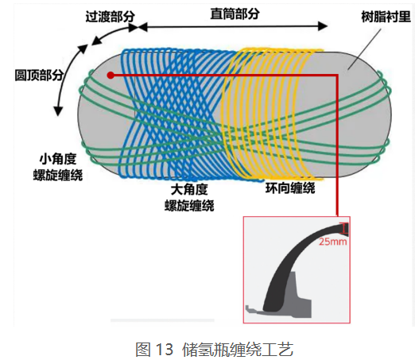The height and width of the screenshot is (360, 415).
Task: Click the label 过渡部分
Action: (110, 17)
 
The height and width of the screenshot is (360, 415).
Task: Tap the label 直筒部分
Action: (235, 14)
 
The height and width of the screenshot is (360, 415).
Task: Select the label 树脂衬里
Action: (386, 17)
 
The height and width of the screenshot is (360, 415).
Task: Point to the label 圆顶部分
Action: (39, 75)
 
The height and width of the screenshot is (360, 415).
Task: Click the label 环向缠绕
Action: (290, 188)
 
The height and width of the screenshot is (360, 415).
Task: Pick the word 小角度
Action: (58, 159)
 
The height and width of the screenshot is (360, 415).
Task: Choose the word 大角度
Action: (189, 189)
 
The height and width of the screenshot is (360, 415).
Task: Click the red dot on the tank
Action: (111, 75)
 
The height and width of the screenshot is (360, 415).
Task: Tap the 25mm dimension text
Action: (332, 242)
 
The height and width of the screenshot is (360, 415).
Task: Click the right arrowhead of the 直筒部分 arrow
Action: (323, 26)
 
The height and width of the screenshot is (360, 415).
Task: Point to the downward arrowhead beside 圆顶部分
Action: (58, 111)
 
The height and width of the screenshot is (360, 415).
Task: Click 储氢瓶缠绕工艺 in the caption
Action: (238, 349)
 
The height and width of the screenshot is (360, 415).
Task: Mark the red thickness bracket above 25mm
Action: (344, 229)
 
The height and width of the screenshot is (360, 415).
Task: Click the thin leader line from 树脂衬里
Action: (365, 49)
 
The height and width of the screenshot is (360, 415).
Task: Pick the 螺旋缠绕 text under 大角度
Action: (189, 205)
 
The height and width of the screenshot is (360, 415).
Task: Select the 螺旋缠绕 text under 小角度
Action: (58, 175)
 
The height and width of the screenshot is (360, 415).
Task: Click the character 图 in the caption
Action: (143, 349)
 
